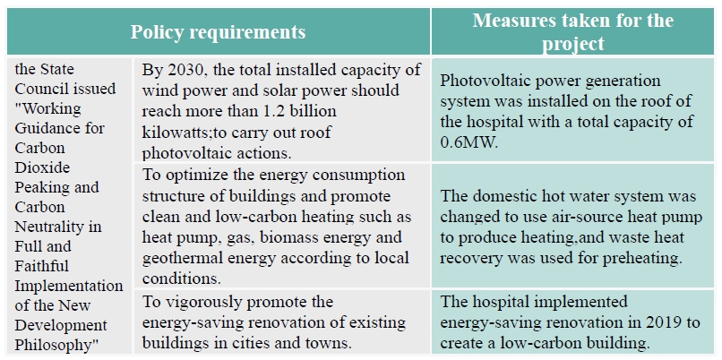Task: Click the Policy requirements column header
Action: (x=218, y=32)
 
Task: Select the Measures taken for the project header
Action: (x=573, y=32)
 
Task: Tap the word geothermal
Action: (x=182, y=255)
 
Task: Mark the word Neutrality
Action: (x=50, y=227)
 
